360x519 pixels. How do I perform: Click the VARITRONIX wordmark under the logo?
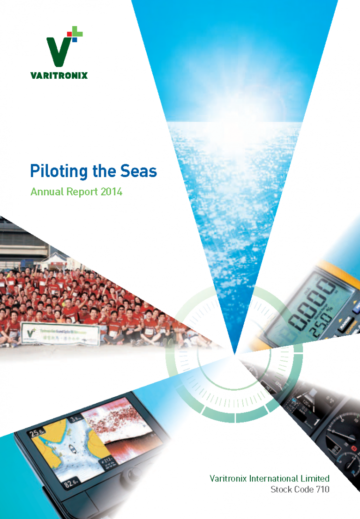tap(59, 75)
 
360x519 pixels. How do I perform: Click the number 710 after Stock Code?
tap(322, 490)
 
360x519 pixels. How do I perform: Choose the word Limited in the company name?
tap(315, 479)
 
